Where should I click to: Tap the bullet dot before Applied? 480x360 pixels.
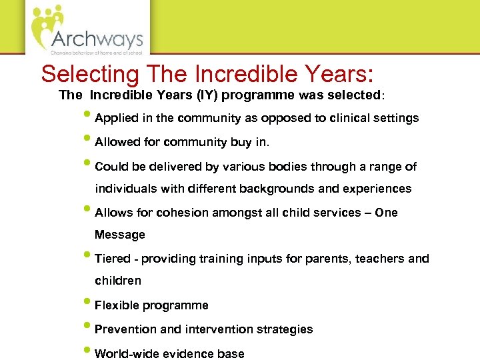click(x=89, y=117)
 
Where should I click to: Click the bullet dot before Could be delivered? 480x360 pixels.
click(x=89, y=165)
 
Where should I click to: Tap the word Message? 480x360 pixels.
click(x=120, y=235)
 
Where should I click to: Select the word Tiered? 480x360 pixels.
click(x=113, y=259)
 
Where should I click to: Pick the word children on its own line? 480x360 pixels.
click(x=118, y=281)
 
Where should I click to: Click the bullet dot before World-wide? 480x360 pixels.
click(x=89, y=352)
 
